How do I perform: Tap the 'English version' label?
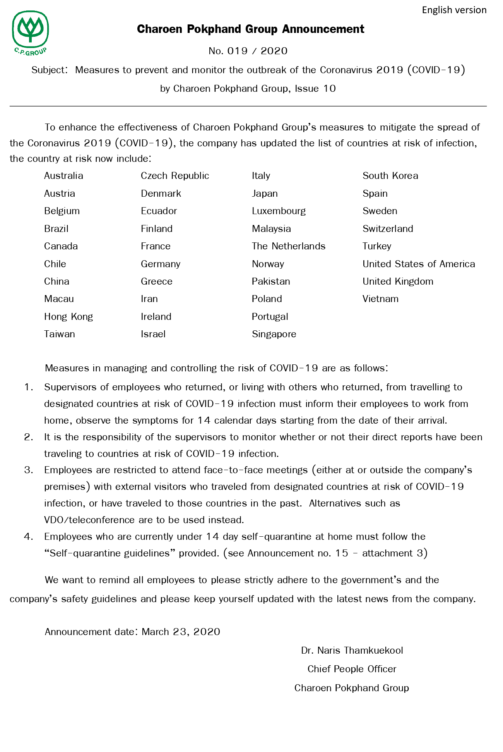[x=454, y=10]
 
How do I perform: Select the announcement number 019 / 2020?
[x=248, y=51]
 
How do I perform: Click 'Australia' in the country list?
[x=63, y=176]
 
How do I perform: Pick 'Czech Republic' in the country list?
[x=175, y=176]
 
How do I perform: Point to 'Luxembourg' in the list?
[x=279, y=211]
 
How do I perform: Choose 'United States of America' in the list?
[x=419, y=264]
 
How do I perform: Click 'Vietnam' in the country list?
[x=380, y=299]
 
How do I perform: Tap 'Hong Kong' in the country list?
[x=68, y=317]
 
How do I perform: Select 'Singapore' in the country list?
[x=274, y=334]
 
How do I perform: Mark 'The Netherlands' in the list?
[x=289, y=246]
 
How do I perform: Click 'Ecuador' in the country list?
[x=159, y=211]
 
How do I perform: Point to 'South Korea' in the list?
[x=390, y=176]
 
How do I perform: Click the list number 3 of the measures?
[x=29, y=470]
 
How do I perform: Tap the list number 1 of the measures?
[x=29, y=387]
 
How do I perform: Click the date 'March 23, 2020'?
[x=181, y=632]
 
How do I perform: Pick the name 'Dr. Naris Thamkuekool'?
[x=352, y=651]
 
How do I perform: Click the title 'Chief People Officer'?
[x=352, y=669]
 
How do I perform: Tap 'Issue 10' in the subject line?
[x=315, y=89]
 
